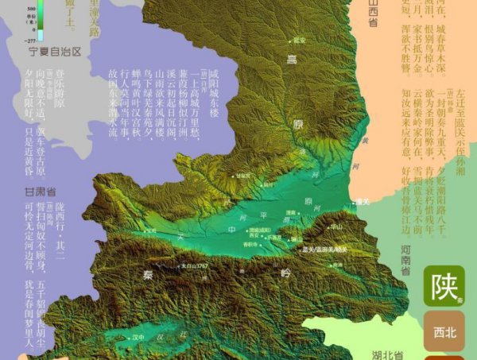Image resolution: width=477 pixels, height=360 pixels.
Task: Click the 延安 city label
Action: coord(299,39)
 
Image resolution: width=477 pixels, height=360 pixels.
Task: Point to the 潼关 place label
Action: coord(362,203)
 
